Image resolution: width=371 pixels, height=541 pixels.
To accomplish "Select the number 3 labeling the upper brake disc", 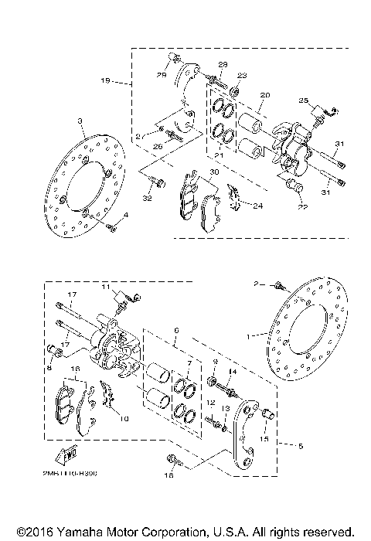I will [x=79, y=121].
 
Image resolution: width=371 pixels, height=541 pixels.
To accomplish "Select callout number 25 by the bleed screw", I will [x=303, y=101].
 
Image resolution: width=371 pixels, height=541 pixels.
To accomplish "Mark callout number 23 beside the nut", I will [x=242, y=75].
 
